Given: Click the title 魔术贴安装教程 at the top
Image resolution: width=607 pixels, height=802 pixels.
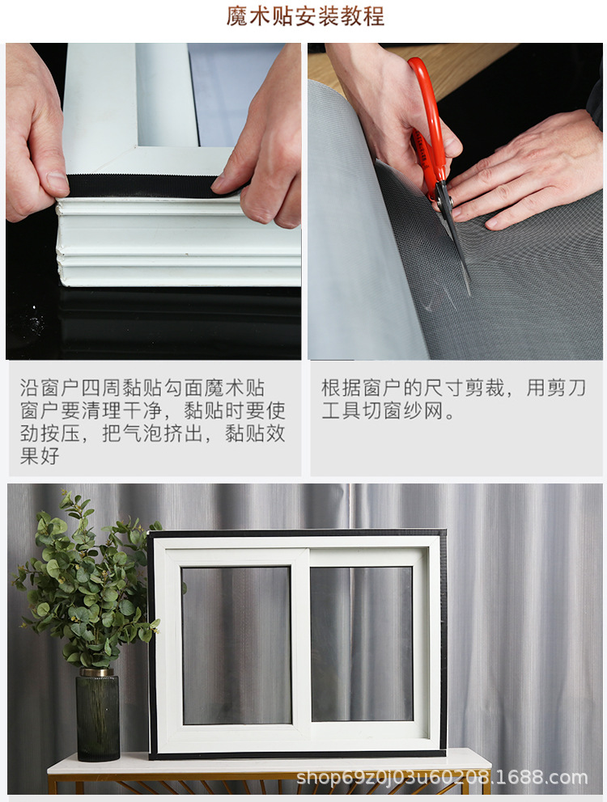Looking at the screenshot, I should [x=305, y=17].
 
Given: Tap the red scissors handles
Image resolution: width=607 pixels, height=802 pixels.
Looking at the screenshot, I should [x=427, y=121].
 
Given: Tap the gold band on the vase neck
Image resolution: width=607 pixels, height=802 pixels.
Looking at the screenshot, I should [x=97, y=672].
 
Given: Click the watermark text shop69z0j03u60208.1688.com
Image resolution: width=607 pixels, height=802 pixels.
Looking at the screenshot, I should [x=441, y=778].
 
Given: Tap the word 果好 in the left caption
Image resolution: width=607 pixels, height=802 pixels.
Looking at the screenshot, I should [x=40, y=455].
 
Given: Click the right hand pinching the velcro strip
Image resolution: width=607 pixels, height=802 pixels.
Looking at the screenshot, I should [x=263, y=154].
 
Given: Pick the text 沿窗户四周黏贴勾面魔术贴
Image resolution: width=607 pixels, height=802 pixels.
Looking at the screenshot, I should [x=142, y=388].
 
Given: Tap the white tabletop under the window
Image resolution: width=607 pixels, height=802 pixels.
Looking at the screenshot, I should [x=267, y=762].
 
